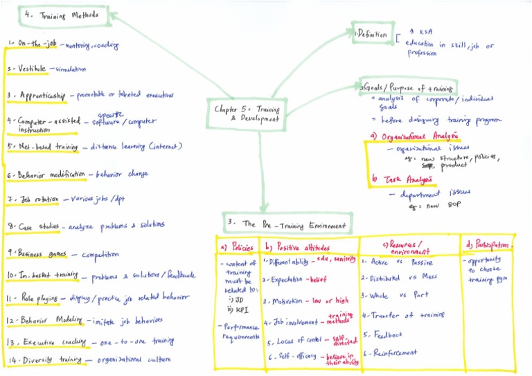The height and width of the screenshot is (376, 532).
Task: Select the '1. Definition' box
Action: (x=372, y=33)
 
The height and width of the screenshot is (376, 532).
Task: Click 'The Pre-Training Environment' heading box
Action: (x=288, y=224)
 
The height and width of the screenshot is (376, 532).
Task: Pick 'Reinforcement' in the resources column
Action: (x=397, y=353)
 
